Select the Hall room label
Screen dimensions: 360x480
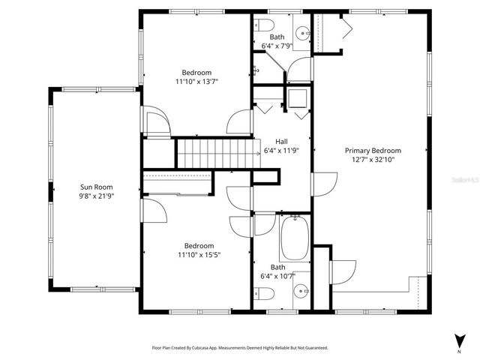click(281, 141)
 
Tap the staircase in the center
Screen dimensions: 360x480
click(211, 153)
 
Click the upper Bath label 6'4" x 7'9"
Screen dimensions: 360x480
click(277, 41)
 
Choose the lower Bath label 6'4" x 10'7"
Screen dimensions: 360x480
click(278, 271)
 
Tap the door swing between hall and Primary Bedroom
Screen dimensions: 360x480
click(322, 184)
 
